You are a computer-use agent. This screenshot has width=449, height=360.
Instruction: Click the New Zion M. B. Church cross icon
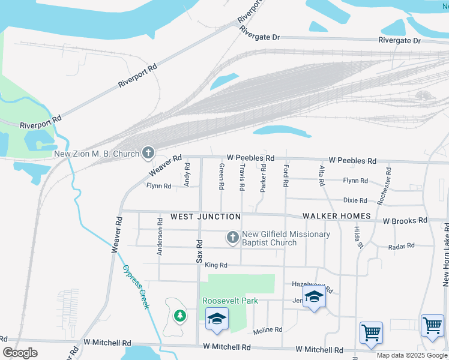coord(148,154)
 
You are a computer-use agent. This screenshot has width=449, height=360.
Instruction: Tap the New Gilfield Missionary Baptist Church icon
coord(232,238)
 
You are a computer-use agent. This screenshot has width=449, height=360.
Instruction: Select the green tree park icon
coord(179,316)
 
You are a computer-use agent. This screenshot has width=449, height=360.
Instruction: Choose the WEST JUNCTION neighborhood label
coord(205,216)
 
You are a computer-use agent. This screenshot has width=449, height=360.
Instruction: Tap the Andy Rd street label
coord(187,175)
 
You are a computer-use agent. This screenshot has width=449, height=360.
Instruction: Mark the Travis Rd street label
coord(242,177)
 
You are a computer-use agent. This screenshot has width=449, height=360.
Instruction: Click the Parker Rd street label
coord(263,179)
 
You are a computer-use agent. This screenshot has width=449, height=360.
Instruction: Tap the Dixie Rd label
coord(355,200)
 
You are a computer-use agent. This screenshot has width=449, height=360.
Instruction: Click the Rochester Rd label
coord(384,187)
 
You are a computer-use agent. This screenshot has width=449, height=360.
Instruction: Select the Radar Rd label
coord(402,246)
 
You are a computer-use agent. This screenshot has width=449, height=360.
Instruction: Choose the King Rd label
coord(216,265)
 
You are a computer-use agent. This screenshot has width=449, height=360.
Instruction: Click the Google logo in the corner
coord(20,353)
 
